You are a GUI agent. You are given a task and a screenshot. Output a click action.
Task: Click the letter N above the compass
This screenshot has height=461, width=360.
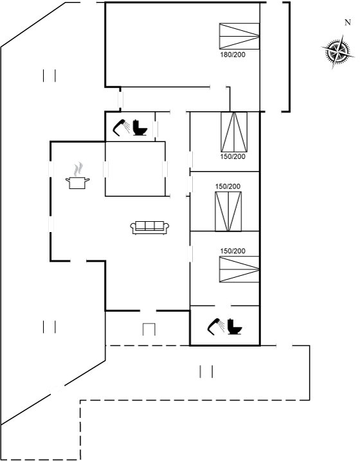[348, 23]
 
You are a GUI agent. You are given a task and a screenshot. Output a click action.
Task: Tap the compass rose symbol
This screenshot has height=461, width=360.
[337, 51]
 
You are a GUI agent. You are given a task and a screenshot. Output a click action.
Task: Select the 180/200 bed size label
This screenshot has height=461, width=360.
[233, 55]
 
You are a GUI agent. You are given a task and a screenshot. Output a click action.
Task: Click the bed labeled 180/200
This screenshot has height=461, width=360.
[239, 36]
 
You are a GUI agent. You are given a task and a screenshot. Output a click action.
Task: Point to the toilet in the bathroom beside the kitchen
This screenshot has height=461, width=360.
[139, 127]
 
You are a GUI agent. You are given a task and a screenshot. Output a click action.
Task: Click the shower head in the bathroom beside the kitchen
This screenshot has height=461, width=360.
[122, 127]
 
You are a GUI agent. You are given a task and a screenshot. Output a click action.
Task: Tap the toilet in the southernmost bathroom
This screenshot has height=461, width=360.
[235, 327]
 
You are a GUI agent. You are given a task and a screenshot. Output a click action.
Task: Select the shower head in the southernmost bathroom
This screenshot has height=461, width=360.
[216, 327]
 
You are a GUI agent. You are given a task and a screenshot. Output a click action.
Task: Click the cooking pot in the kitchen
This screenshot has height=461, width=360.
[77, 183]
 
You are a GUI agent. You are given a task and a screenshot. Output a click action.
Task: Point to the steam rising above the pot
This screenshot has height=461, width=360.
[78, 169]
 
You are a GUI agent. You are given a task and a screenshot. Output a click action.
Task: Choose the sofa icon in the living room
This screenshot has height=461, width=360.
[150, 227]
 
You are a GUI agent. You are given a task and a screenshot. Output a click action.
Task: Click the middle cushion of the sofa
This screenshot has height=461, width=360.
[150, 225]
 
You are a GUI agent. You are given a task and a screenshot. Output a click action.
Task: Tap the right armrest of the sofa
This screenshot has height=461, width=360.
[166, 226]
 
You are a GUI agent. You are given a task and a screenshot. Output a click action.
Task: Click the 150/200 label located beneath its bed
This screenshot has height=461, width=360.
[233, 156]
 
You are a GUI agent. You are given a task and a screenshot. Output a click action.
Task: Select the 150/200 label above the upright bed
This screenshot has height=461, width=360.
[228, 186]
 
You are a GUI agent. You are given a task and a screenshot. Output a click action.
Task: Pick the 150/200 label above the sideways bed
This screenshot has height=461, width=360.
[233, 251]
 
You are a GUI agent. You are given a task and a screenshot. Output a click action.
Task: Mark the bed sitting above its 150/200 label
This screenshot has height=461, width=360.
[234, 132]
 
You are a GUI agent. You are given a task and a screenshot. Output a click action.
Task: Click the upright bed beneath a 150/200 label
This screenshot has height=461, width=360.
[228, 212]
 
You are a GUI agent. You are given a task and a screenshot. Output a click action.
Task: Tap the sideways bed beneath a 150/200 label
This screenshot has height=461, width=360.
[239, 269]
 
